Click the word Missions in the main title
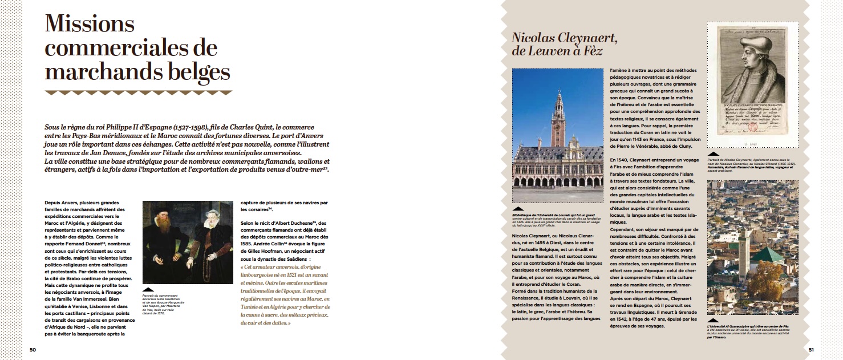click(x=90, y=25)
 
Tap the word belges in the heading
click(x=193, y=72)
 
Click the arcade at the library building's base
click(x=558, y=183)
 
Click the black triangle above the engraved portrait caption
click(x=712, y=154)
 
